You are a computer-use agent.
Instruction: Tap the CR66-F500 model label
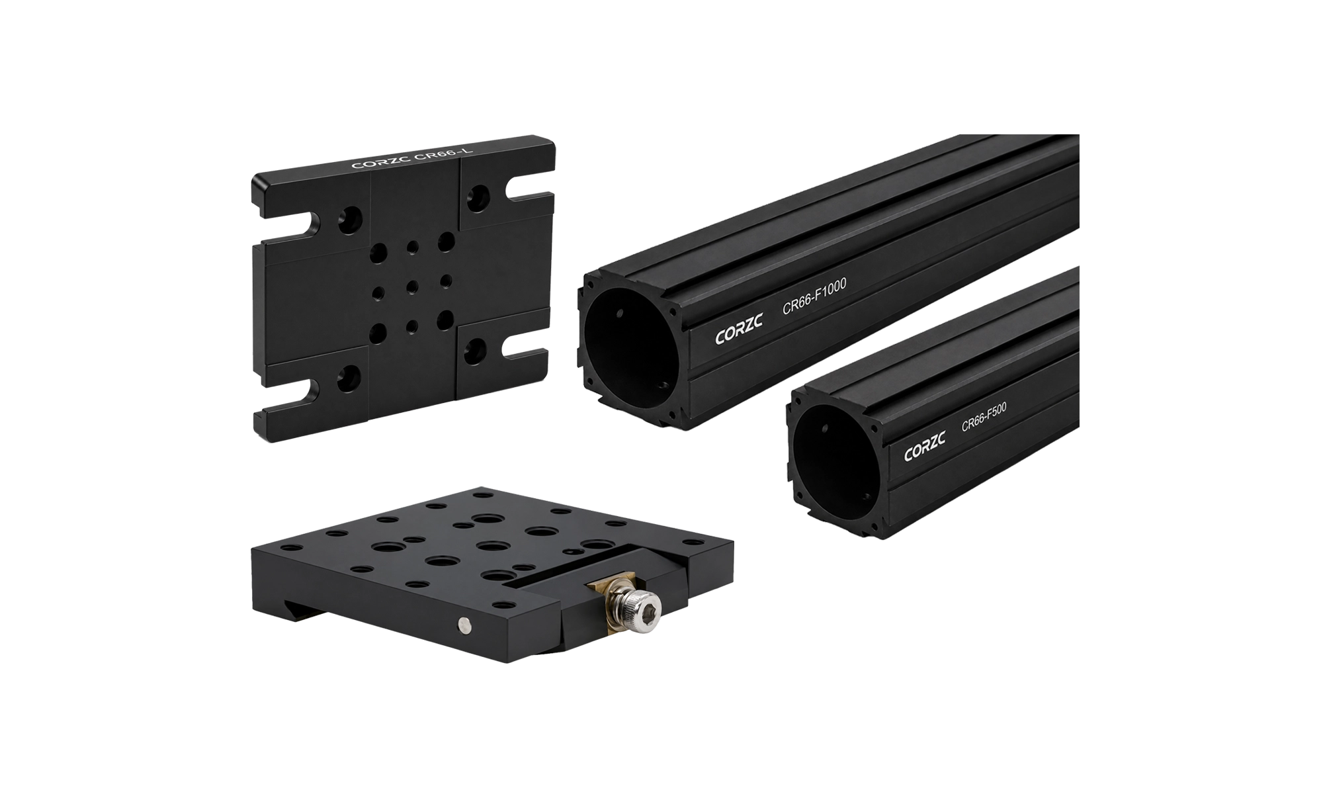coord(983,418)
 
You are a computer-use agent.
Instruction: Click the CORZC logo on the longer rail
coord(739,329)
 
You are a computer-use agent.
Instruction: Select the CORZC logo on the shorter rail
coord(924,447)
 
